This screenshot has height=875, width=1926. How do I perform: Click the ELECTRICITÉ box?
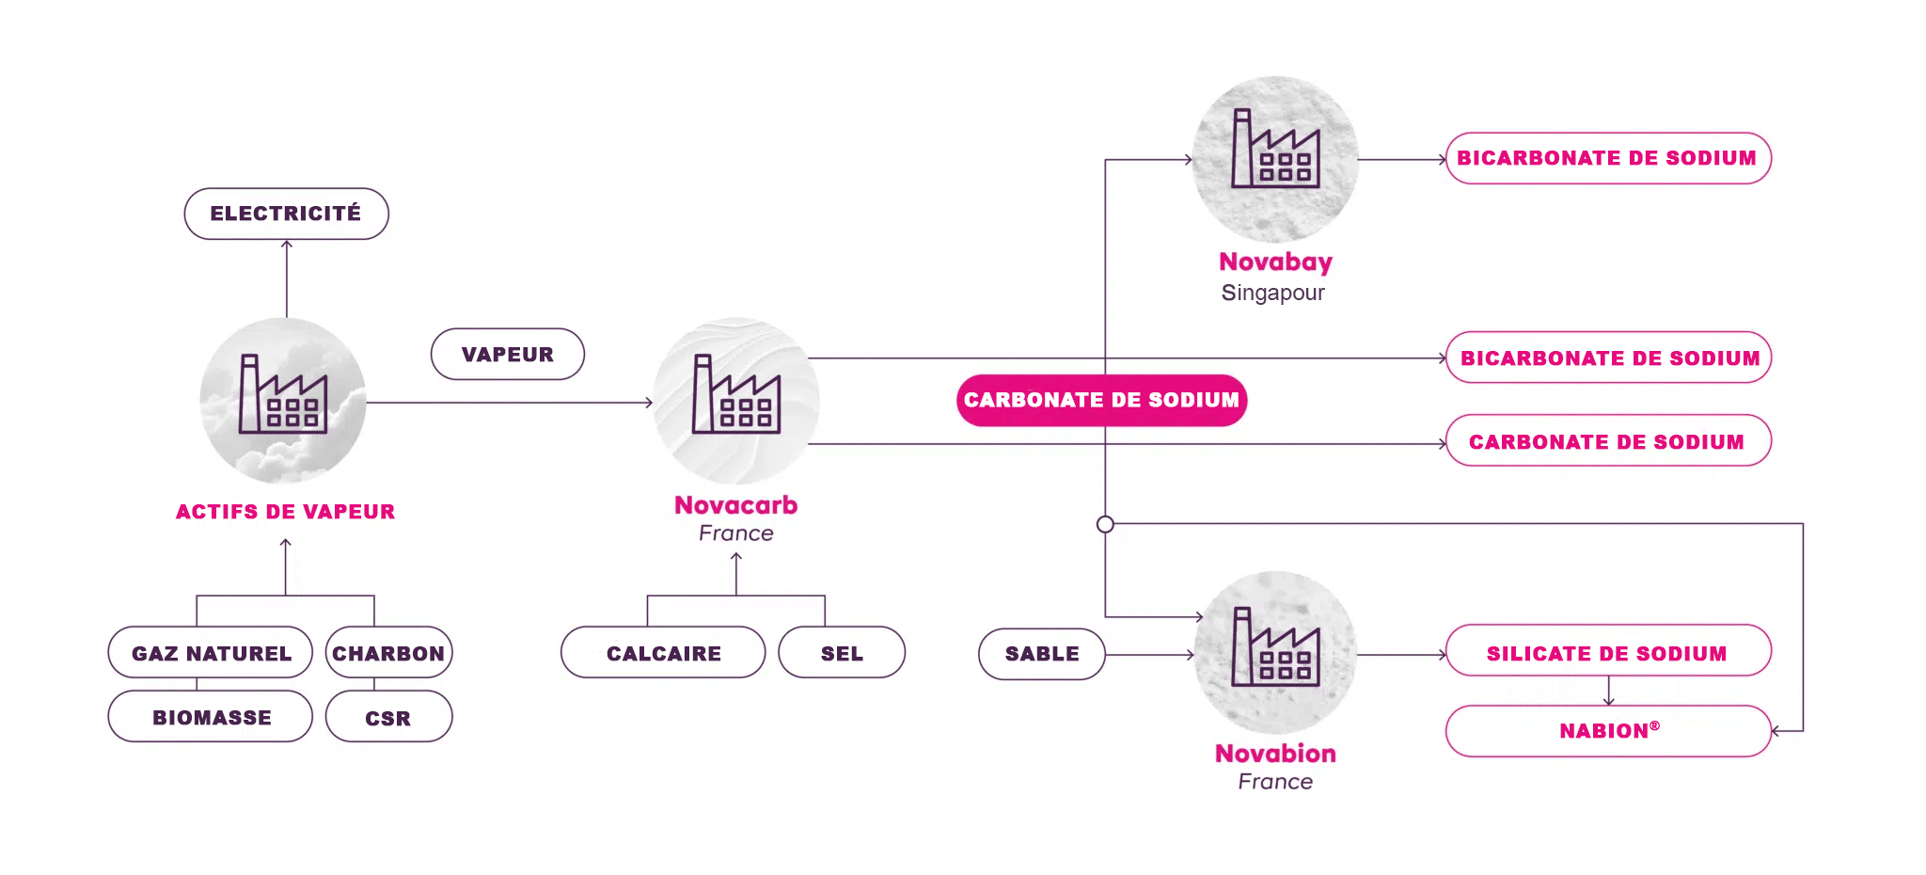pos(286,214)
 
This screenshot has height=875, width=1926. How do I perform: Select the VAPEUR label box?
pos(508,354)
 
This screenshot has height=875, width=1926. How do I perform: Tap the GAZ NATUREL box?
pos(211,653)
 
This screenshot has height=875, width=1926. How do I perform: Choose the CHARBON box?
pos(389,653)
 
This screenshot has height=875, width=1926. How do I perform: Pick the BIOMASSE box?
pos(211,717)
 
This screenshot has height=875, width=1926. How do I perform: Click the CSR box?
pos(389,717)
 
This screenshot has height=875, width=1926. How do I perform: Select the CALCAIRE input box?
pos(663,653)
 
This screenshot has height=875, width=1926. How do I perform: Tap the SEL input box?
pos(842,653)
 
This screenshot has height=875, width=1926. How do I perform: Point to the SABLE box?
pos(1042,654)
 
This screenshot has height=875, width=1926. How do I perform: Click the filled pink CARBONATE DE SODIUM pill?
pos(1102,401)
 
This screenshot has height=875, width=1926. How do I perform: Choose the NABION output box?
pos(1608,731)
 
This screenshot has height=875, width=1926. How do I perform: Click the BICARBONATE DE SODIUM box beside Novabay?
pos(1608,158)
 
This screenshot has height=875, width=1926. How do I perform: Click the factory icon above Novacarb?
pos(736,394)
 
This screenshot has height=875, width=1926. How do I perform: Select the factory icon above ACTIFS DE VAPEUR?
pos(283,394)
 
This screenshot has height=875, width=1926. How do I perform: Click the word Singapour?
pos(1273,293)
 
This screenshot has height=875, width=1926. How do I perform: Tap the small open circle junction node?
pos(1105,524)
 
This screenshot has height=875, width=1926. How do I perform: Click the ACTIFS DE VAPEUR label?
pos(286,512)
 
